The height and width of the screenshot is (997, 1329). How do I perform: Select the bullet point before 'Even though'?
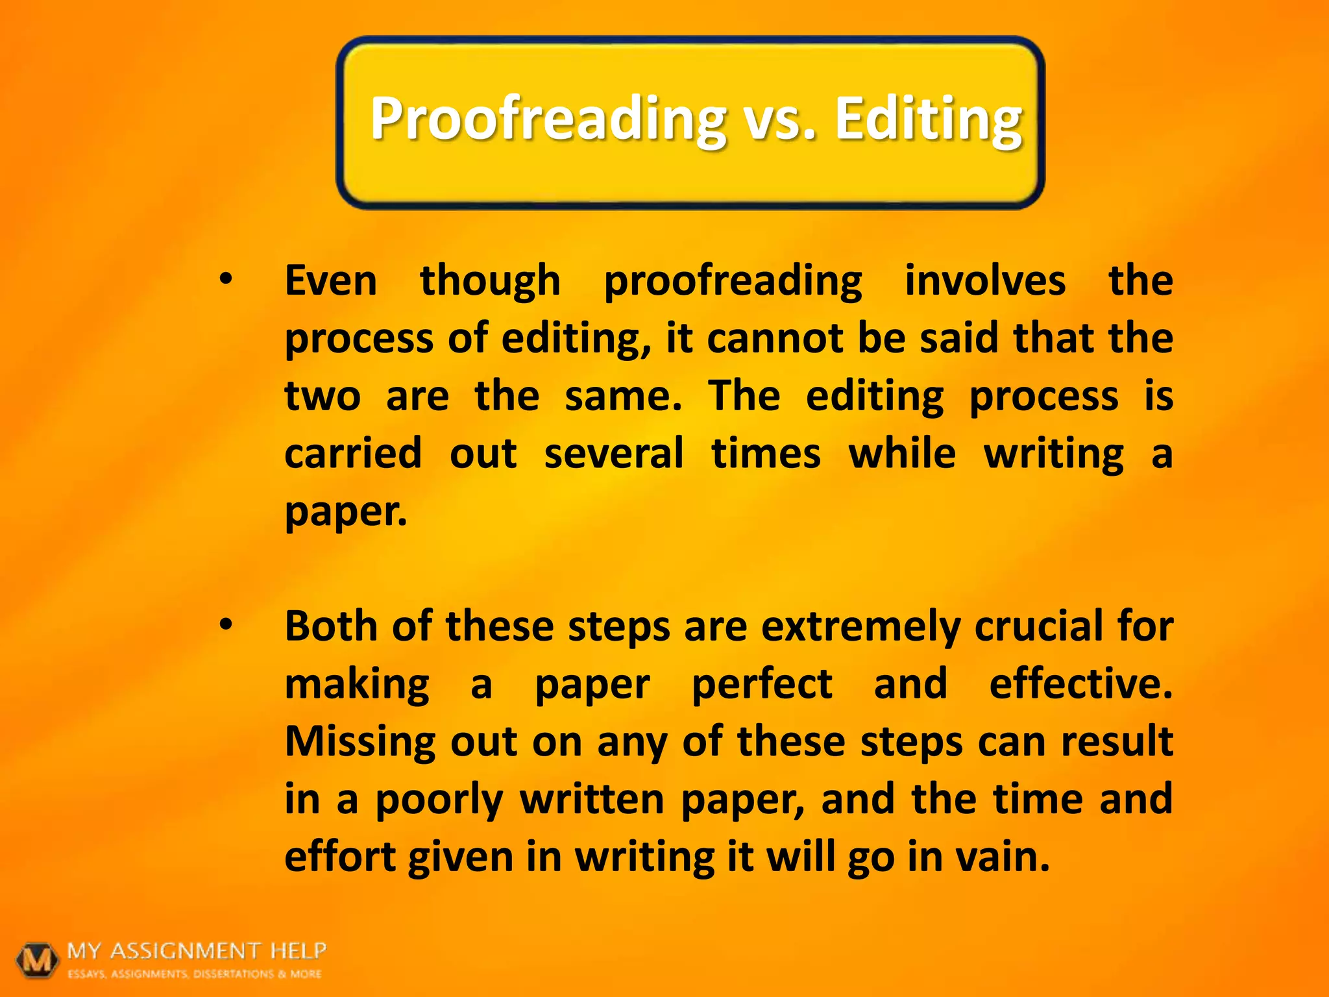(225, 280)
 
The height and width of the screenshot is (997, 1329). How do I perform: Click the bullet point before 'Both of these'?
(225, 625)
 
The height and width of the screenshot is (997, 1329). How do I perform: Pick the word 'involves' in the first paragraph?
(984, 281)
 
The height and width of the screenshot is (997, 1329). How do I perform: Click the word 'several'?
(614, 454)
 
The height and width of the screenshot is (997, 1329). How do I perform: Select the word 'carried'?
(353, 454)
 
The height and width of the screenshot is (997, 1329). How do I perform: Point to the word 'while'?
(902, 454)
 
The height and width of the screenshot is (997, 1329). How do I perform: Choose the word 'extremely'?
(860, 628)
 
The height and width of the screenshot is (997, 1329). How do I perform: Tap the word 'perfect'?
(762, 685)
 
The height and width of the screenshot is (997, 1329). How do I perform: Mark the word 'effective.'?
(1080, 684)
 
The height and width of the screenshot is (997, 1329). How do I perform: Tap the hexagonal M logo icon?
(38, 959)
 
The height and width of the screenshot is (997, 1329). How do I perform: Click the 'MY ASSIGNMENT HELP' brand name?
(197, 951)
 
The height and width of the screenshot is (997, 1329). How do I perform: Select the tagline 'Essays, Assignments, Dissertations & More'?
(195, 974)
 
